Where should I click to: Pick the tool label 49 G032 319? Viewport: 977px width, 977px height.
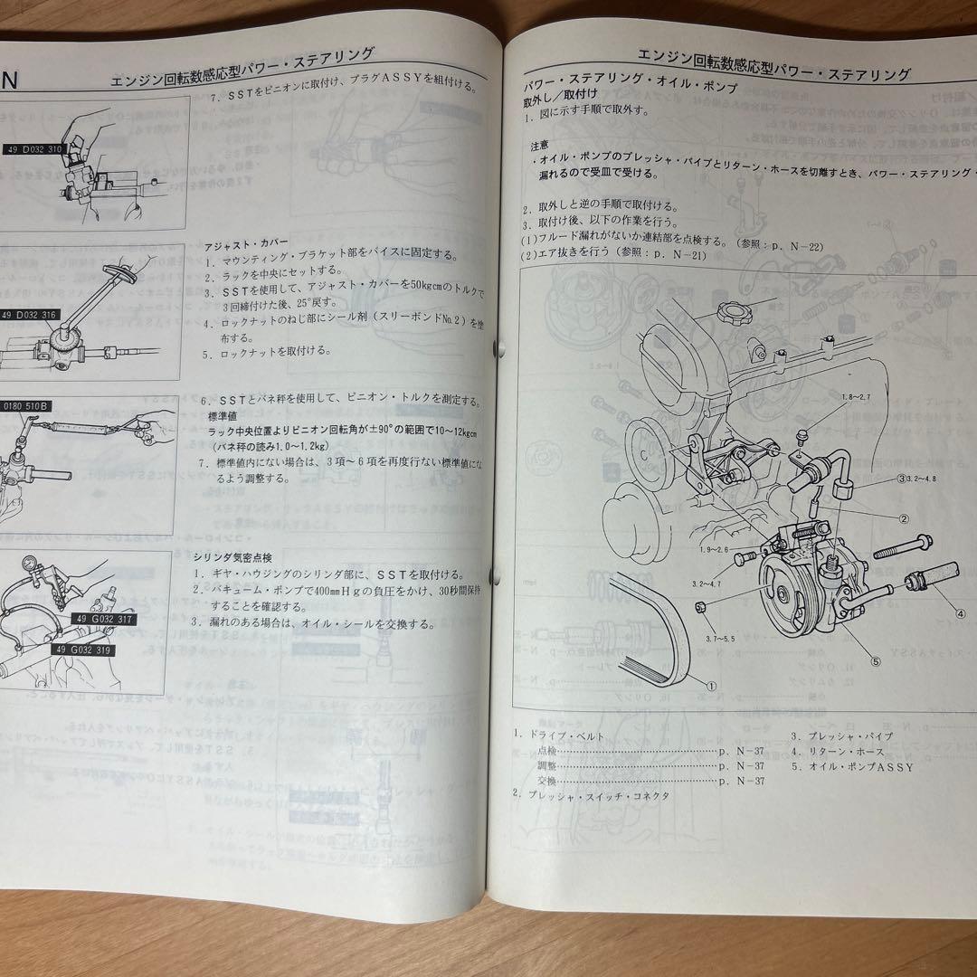85,650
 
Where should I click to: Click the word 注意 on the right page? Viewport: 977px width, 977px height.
542,145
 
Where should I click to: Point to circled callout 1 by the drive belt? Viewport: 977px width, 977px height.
710,686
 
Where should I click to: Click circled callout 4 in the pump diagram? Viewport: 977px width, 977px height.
962,612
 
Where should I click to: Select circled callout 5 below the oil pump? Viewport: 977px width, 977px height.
875,660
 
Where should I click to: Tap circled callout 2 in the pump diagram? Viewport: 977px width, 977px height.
903,518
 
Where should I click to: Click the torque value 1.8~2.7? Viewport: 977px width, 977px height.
857,397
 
